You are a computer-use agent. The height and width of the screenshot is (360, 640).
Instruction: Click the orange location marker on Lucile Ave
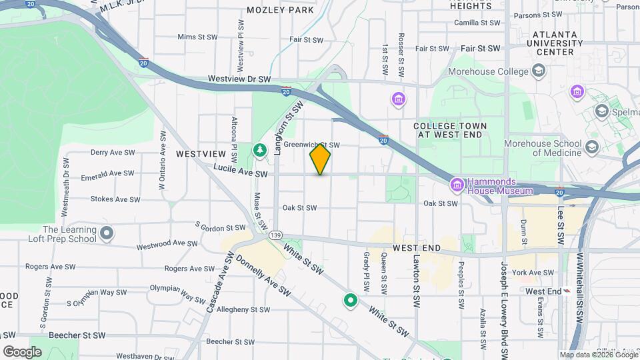click(x=320, y=159)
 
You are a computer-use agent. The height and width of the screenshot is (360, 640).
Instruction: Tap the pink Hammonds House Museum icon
click(x=457, y=185)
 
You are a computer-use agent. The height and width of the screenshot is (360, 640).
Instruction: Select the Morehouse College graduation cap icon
click(x=538, y=71)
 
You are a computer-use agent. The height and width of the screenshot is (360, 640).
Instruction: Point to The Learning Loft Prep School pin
click(x=107, y=234)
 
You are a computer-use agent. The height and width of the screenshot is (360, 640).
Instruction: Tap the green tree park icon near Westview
click(x=259, y=151)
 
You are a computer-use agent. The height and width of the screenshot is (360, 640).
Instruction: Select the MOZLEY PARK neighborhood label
click(x=280, y=10)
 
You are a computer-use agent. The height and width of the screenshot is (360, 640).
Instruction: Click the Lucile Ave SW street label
click(x=241, y=173)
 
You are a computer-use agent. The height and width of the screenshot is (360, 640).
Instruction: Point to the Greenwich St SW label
click(x=311, y=145)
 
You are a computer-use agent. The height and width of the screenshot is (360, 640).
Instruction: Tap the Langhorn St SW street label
click(x=288, y=128)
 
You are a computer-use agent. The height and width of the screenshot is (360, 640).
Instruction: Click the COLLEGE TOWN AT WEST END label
click(x=450, y=130)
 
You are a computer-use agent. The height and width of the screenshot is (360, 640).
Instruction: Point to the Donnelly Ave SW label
click(x=264, y=275)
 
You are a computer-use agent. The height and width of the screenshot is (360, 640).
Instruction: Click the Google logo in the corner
click(x=22, y=351)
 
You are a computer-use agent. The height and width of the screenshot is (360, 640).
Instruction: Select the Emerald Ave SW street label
click(x=107, y=173)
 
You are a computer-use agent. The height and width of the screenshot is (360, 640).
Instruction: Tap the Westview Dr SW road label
click(x=239, y=79)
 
